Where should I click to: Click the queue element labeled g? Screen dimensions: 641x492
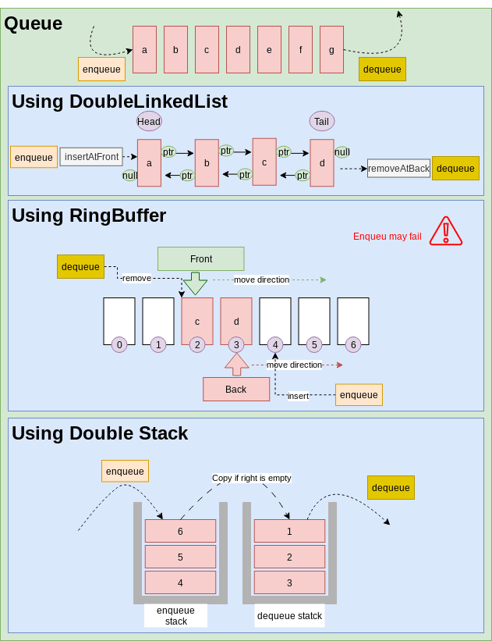[331, 50]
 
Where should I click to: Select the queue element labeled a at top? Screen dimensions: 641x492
[144, 50]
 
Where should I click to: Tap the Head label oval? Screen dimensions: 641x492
[149, 121]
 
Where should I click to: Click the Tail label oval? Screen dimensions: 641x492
[321, 121]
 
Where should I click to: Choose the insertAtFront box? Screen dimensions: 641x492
[91, 157]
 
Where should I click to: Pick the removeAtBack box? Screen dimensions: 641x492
[398, 168]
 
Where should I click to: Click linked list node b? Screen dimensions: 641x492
[207, 163]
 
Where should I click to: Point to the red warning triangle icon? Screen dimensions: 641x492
[446, 231]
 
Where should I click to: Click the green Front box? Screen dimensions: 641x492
[200, 259]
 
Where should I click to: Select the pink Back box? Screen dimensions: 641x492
[235, 390]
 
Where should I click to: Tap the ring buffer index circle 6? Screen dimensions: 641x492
[352, 344]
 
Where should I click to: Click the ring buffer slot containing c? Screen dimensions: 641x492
[197, 321]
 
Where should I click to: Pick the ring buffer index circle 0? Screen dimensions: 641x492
[119, 344]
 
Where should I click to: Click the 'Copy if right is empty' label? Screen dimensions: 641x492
[251, 478]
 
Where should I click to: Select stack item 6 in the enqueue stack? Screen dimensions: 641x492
[180, 531]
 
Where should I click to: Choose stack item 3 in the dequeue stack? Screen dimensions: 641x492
[289, 582]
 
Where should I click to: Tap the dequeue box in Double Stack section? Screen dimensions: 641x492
[391, 488]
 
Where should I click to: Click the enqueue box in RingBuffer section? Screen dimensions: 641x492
[359, 395]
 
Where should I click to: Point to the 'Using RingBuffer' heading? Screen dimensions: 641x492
[88, 215]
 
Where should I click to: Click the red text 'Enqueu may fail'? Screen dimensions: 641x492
[387, 237]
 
